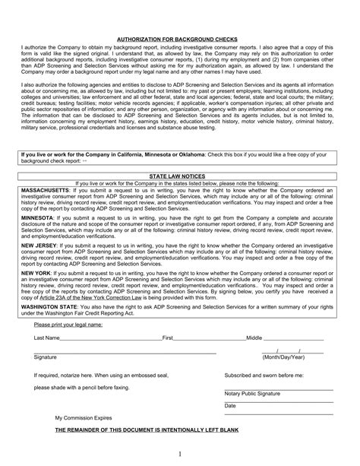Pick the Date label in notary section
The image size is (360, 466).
(230, 406)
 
